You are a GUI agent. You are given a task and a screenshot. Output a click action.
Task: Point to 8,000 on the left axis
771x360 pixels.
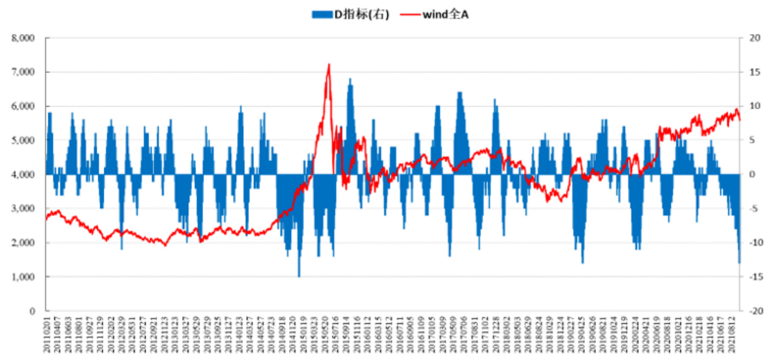pos(24,38)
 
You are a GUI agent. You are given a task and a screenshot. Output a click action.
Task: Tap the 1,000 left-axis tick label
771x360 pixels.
pos(24,277)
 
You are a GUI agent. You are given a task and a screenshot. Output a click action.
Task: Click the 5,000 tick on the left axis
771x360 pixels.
pos(24,141)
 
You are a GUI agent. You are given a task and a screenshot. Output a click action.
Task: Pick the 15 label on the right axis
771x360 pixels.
pos(752,72)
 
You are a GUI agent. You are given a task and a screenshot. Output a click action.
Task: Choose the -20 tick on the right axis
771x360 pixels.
pos(754,311)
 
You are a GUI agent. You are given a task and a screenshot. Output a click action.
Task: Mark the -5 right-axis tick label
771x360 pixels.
pos(752,209)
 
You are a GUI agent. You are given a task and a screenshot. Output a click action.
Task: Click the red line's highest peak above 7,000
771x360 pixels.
pos(329,65)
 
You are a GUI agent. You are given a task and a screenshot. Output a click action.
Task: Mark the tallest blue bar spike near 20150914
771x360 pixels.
pos(350,78)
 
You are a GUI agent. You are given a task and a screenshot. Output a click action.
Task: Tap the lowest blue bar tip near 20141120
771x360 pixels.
pos(299,276)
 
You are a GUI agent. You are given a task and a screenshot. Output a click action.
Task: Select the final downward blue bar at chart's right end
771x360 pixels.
pos(739,262)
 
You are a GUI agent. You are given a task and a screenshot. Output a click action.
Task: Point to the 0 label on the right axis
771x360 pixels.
pos(752,175)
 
